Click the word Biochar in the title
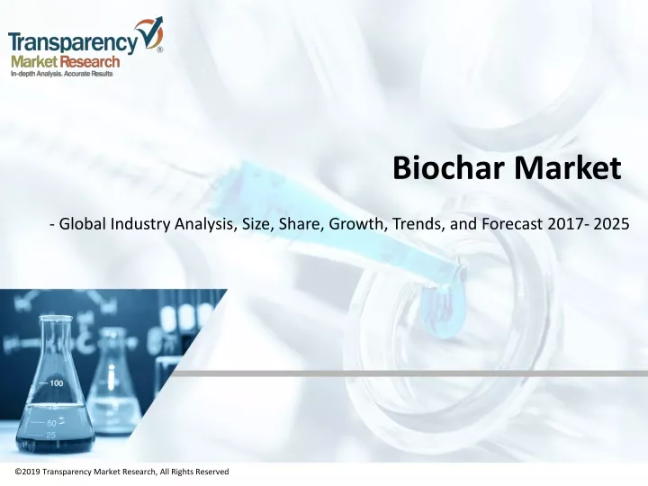tap(449, 167)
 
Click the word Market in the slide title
tap(567, 167)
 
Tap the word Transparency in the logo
tap(73, 42)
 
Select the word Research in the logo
tap(90, 62)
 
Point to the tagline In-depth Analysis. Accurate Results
tap(61, 74)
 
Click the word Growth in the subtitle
tap(355, 223)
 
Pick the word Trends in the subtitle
tap(418, 223)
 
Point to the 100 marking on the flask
tap(56, 383)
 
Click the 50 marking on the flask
tap(51, 423)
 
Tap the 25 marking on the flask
tap(50, 435)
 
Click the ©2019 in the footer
tap(28, 472)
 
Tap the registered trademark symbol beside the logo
tap(159, 49)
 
